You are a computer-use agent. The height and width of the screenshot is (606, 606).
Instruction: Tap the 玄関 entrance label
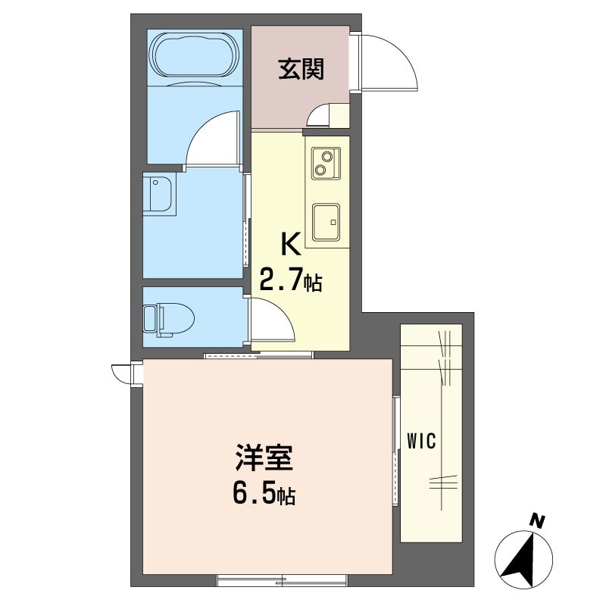coord(301,70)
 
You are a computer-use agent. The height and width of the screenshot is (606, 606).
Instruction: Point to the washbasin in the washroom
coord(161,194)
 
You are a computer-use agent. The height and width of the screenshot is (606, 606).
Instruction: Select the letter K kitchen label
coord(291,244)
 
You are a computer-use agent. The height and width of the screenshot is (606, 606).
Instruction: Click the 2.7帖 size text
coord(291,282)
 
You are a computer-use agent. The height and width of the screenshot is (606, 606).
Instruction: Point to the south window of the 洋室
coord(282,580)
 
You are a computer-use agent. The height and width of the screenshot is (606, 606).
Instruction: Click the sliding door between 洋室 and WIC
coord(395,451)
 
